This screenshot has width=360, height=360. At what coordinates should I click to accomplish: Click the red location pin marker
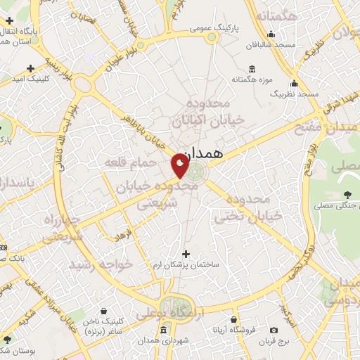180,165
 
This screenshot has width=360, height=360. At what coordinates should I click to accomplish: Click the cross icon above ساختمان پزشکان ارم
186,254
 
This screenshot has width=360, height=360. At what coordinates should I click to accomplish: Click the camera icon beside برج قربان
274,330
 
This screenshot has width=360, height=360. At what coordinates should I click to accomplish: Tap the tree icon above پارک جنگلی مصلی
347,194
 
